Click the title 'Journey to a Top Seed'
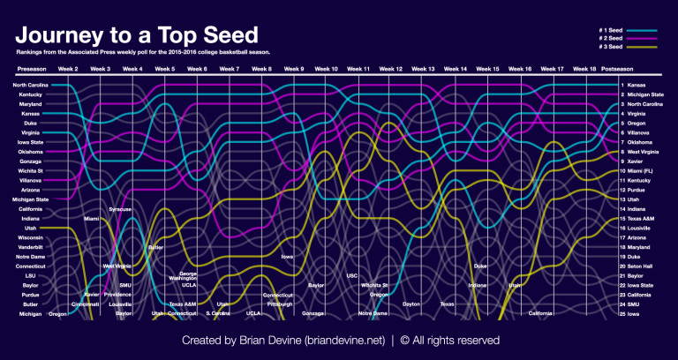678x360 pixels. pos(137,35)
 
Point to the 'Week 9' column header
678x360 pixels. pos(293,68)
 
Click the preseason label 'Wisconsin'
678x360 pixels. pos(29,237)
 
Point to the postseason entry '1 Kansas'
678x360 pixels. pos(634,86)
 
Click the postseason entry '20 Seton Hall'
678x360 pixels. pos(640,266)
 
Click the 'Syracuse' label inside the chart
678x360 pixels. pos(120,209)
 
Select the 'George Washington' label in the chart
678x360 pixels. pos(194,276)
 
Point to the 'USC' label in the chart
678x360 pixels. pos(352,275)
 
